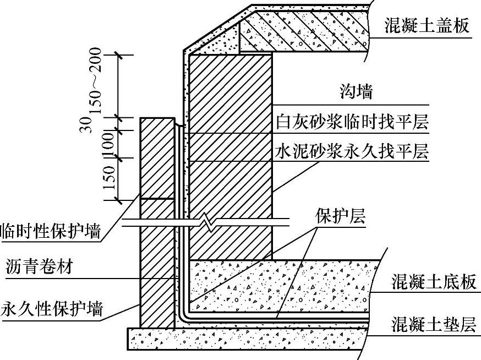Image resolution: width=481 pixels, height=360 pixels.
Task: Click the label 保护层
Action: click(340, 216)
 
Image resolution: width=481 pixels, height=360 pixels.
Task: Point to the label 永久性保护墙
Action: click(51, 308)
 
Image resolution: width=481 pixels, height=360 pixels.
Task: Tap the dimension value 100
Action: click(108, 145)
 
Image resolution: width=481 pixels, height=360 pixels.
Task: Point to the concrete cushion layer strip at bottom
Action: click(248, 338)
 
